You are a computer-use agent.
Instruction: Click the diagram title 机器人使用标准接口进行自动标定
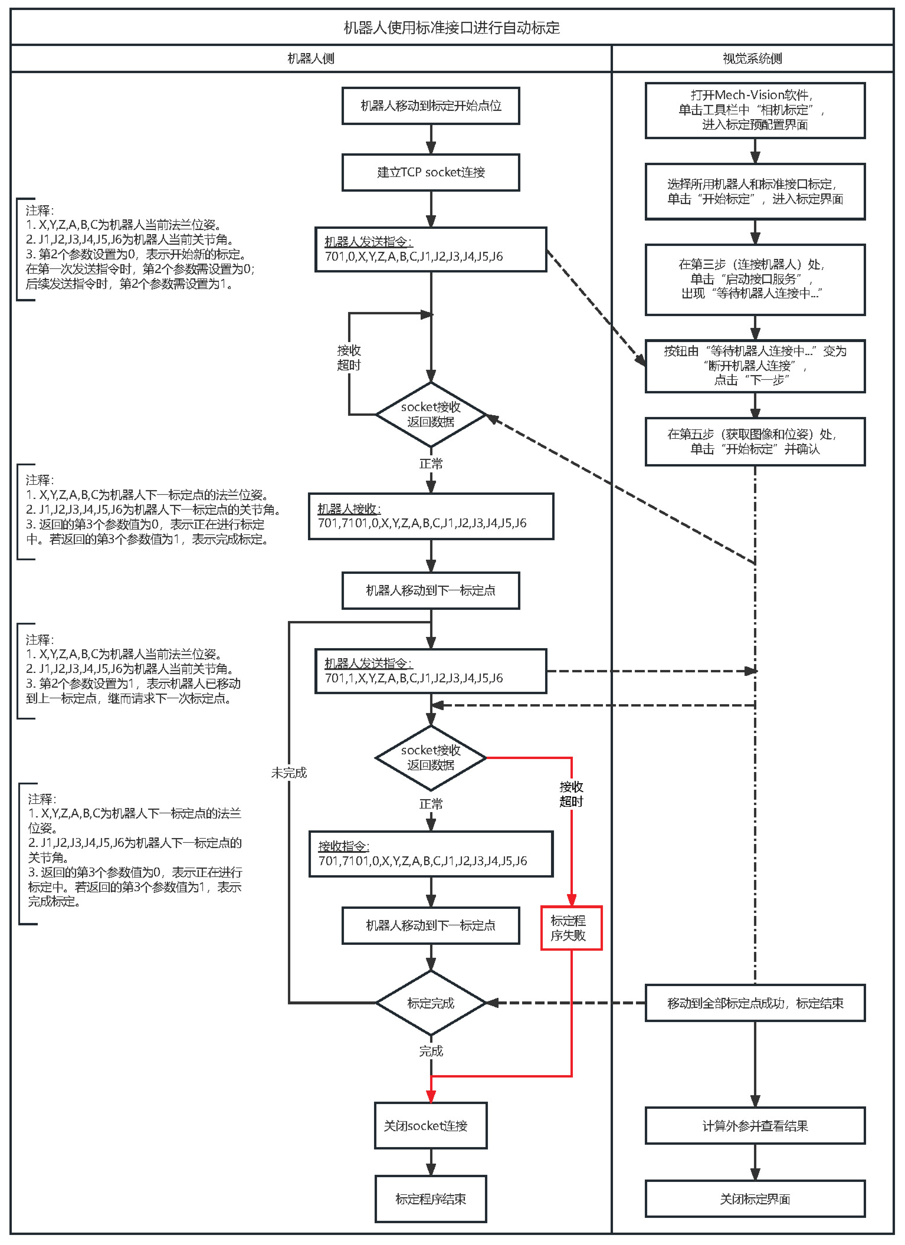tap(451, 27)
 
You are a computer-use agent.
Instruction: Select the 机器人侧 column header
tap(311, 58)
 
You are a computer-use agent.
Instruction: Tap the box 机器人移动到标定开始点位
tap(431, 105)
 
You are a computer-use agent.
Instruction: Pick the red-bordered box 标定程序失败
tap(571, 928)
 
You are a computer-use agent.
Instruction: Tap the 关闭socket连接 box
tap(431, 1125)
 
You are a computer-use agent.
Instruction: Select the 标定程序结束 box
tap(431, 1199)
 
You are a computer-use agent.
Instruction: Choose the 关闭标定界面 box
tap(755, 1199)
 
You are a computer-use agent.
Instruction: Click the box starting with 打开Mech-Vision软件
tap(755, 110)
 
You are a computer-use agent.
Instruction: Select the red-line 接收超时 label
tap(571, 794)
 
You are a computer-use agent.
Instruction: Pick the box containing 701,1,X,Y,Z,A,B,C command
tap(431, 671)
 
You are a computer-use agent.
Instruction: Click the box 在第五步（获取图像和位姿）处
tap(755, 441)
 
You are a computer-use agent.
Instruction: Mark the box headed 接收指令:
tap(431, 854)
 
